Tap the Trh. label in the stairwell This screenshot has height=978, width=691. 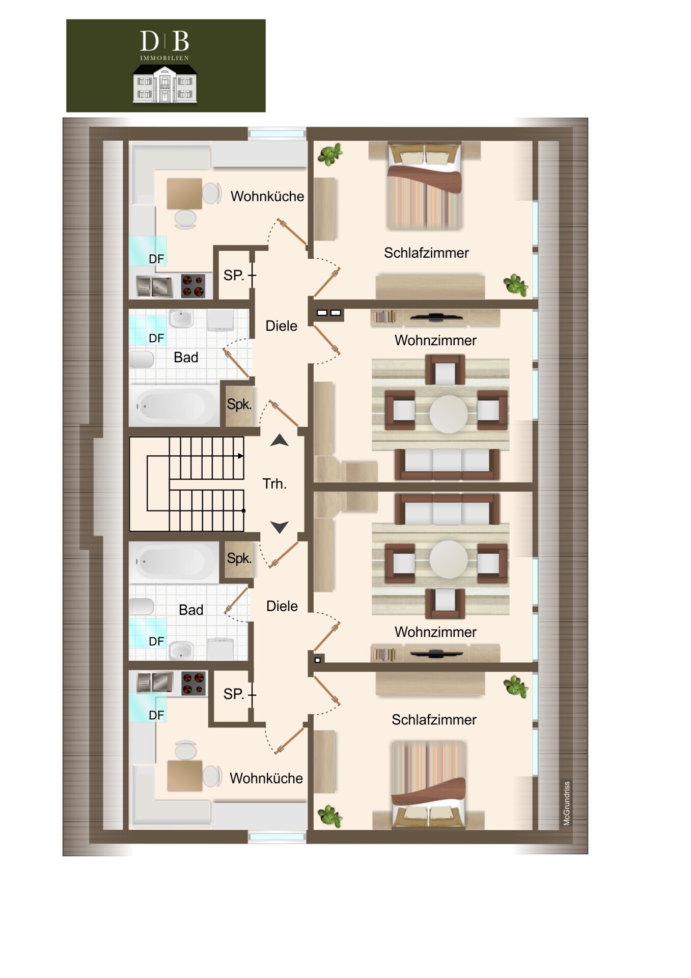pyautogui.click(x=274, y=483)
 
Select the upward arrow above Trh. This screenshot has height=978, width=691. pyautogui.click(x=279, y=440)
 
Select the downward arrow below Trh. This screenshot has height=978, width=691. pyautogui.click(x=279, y=527)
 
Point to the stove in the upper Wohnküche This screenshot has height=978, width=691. pyautogui.click(x=193, y=285)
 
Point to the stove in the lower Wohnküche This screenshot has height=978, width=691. pyautogui.click(x=194, y=684)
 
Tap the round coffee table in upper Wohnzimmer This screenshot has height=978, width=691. pyautogui.click(x=449, y=414)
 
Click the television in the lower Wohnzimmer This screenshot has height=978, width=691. pyautogui.click(x=436, y=654)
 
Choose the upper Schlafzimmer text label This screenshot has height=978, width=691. pyautogui.click(x=426, y=253)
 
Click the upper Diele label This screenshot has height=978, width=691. pyautogui.click(x=281, y=326)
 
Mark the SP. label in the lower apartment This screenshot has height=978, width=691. pyautogui.click(x=234, y=694)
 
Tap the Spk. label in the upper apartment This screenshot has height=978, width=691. pyautogui.click(x=239, y=404)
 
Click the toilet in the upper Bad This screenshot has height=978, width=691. pyautogui.click(x=141, y=360)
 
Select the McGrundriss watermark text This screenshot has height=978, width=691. pyautogui.click(x=566, y=803)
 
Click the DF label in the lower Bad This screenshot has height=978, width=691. pyautogui.click(x=156, y=641)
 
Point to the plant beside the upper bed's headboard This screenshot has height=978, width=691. pyautogui.click(x=330, y=154)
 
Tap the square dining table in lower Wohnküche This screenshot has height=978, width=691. pyautogui.click(x=184, y=775)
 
